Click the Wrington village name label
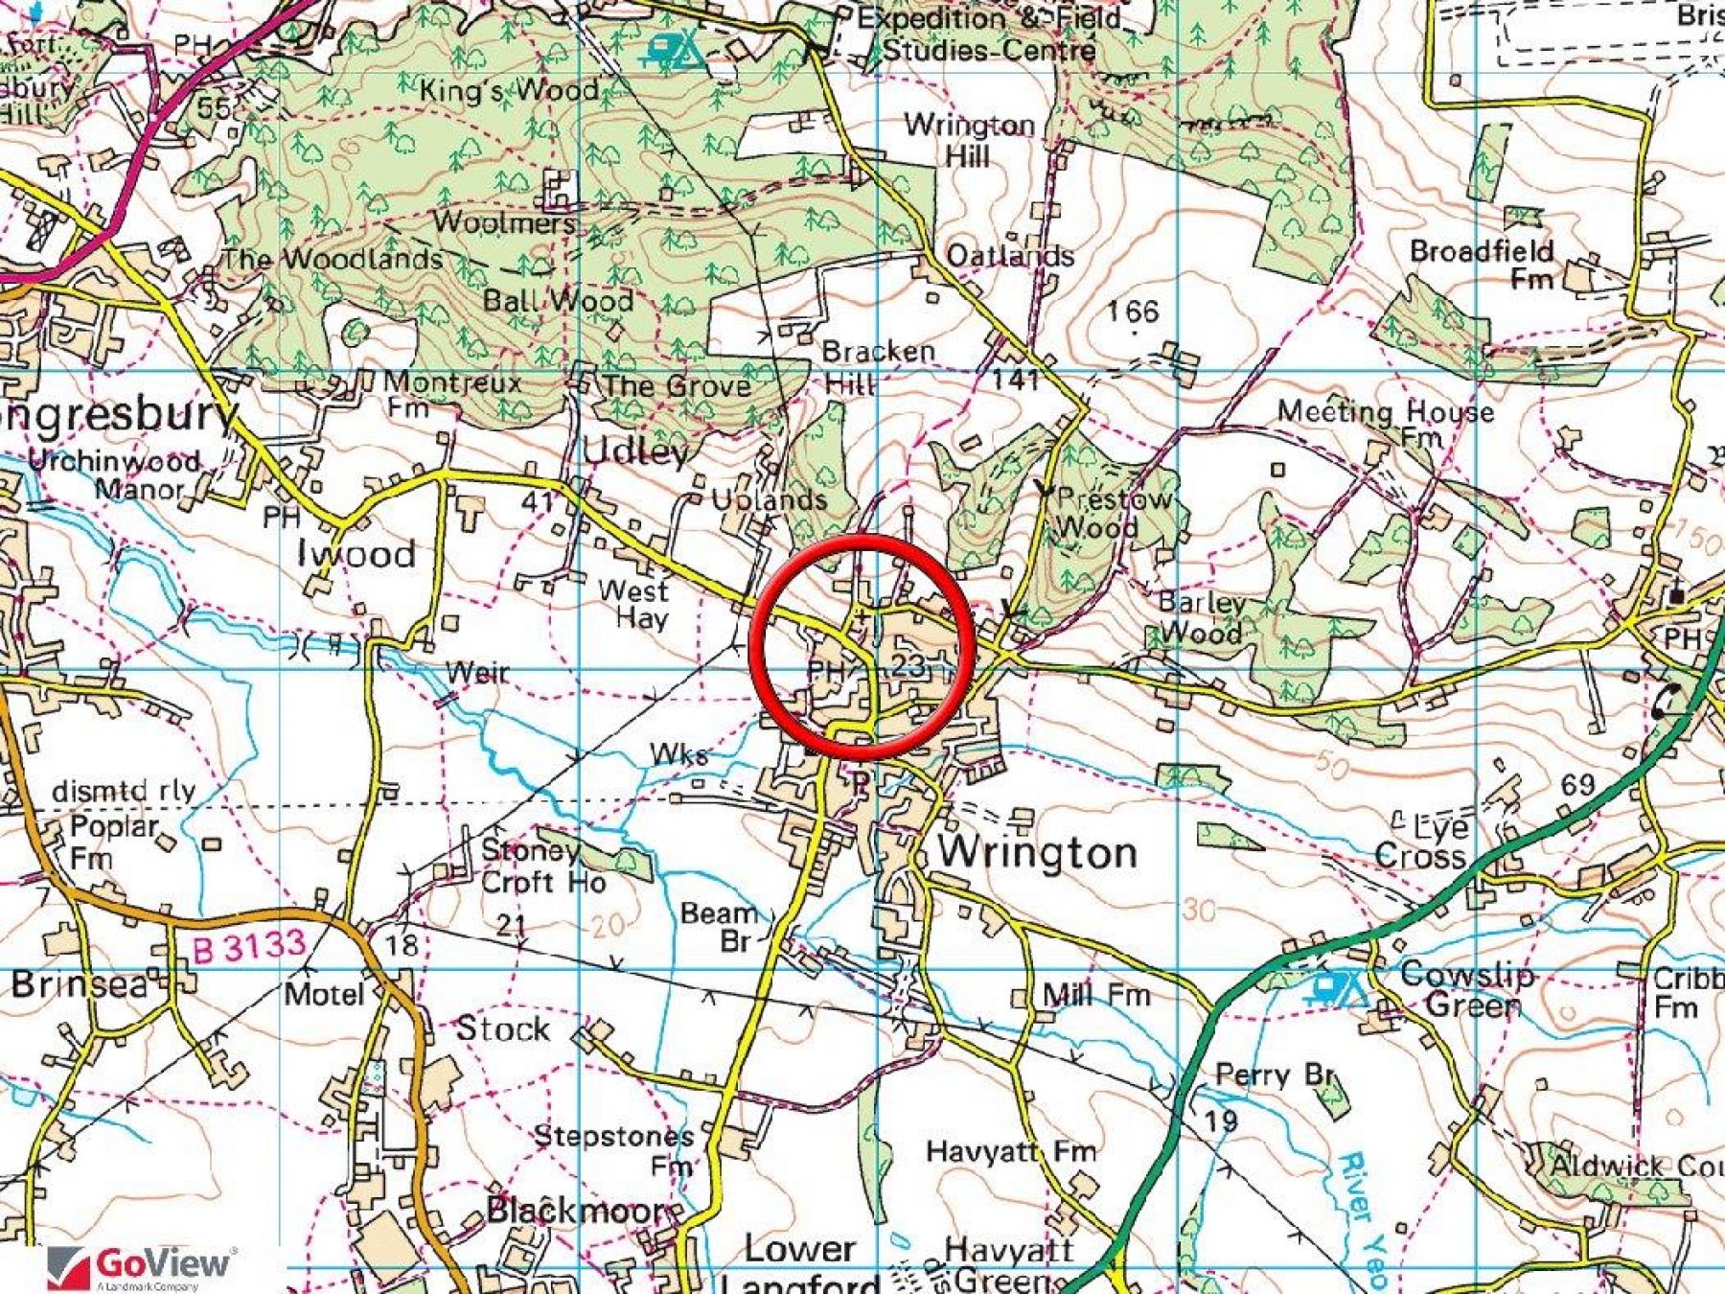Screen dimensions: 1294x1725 tap(1037, 852)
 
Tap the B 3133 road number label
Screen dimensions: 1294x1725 tap(248, 947)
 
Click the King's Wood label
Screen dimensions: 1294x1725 tap(509, 91)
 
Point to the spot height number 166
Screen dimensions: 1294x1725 tap(1133, 311)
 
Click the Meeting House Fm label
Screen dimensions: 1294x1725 tap(1385, 422)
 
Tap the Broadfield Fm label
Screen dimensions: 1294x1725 tap(1482, 264)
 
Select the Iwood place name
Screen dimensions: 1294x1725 tap(356, 553)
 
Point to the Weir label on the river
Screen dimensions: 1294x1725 tap(477, 672)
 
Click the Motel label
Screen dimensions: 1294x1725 tap(324, 994)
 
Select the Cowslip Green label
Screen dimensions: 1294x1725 tap(1466, 989)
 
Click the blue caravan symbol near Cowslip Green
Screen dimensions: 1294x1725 tap(1339, 986)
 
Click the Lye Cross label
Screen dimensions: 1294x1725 tap(1421, 841)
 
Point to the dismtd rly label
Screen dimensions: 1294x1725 tap(124, 791)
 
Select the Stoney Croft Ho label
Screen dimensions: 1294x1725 tap(542, 866)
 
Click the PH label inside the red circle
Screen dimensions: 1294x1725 tap(827, 670)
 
